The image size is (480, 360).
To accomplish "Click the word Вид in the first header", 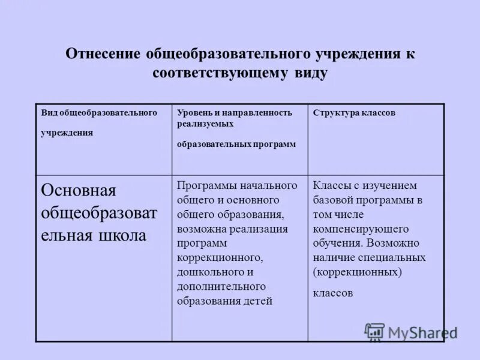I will point(47,113).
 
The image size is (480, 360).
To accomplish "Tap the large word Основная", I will point(78,191).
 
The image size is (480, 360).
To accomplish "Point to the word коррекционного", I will point(220,257).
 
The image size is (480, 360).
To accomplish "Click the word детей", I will point(259,301).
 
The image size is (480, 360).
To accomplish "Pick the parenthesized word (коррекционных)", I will point(356,272).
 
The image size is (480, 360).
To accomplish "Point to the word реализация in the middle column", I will point(262,229).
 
